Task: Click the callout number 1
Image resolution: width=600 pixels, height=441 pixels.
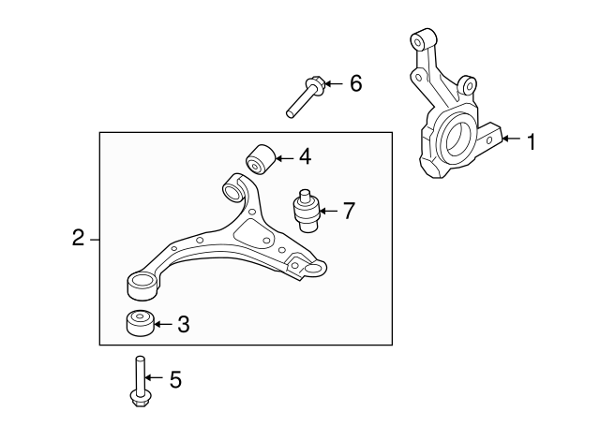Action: pos(532,141)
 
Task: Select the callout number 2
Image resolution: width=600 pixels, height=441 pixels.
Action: pos(78,238)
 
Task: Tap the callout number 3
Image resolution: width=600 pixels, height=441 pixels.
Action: pos(184,325)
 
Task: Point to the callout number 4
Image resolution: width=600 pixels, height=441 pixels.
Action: pos(305,156)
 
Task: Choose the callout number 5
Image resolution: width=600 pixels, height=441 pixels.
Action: pos(175,380)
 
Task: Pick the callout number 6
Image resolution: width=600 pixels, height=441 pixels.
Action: pos(356,83)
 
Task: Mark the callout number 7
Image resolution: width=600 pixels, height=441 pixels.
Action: pos(349,211)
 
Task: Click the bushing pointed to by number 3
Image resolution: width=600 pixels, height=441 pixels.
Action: pos(141,323)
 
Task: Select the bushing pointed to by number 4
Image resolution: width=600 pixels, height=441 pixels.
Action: pos(261,159)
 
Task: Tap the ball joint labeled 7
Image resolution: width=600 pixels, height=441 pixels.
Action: pos(307,211)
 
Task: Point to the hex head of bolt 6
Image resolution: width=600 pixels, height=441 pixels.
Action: pos(315,83)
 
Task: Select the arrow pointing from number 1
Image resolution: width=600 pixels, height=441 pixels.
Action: pos(511,139)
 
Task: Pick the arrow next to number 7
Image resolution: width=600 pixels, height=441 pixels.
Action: pos(328,211)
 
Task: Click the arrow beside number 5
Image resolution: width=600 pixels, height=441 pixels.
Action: pos(154,377)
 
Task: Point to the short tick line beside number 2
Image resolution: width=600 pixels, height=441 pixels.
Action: pos(95,240)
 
